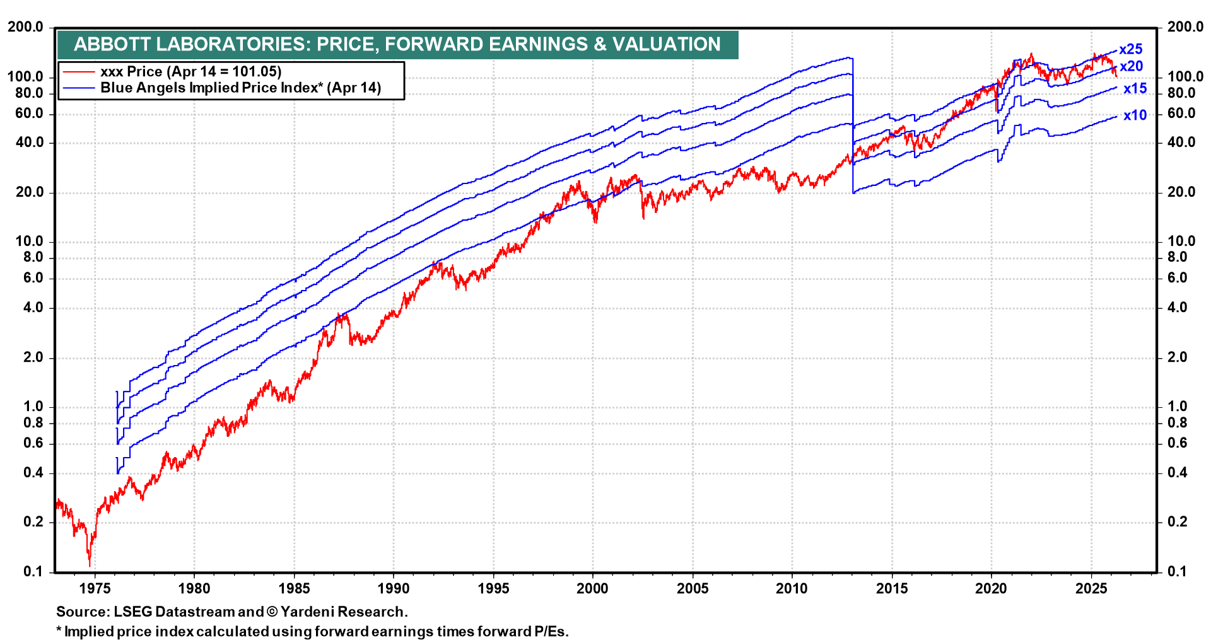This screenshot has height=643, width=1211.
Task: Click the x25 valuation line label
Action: (1130, 49)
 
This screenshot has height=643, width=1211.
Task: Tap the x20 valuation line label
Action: (1131, 66)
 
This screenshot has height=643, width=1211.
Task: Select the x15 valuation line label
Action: (1135, 89)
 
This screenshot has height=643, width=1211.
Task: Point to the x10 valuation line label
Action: (1135, 115)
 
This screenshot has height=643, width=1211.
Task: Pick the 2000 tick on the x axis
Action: (593, 588)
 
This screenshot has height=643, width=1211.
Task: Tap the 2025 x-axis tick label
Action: (1091, 588)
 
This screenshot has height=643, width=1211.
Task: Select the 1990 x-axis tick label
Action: (394, 588)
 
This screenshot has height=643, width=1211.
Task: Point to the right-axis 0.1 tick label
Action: (1177, 572)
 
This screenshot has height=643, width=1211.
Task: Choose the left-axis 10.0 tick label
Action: (29, 241)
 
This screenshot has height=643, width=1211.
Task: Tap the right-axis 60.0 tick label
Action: (1181, 113)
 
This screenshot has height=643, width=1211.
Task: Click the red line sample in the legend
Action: (78, 72)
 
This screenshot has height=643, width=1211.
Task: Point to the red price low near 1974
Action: (90, 563)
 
